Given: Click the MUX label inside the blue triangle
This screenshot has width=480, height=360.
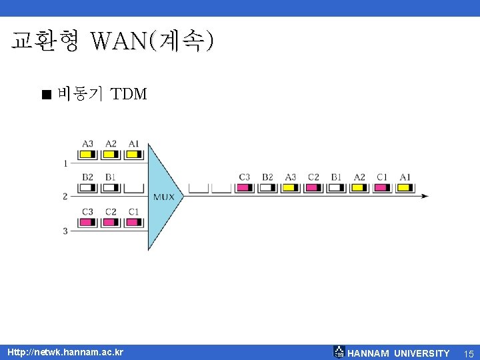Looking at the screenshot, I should pyautogui.click(x=164, y=197).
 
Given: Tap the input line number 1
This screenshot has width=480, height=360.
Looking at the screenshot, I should pyautogui.click(x=65, y=163).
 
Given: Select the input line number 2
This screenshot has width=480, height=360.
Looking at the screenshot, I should pyautogui.click(x=65, y=196).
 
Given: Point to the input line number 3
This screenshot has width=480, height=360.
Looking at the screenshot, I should pyautogui.click(x=65, y=231).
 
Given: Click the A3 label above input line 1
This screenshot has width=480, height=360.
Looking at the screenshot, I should pyautogui.click(x=88, y=143).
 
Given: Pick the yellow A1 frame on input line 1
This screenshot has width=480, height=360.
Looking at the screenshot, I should pyautogui.click(x=133, y=155).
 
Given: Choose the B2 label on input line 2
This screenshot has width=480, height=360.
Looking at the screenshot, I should pyautogui.click(x=88, y=177).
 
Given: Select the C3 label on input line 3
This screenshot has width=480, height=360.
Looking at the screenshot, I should pyautogui.click(x=88, y=212).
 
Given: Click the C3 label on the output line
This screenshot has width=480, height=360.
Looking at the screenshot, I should pyautogui.click(x=245, y=177).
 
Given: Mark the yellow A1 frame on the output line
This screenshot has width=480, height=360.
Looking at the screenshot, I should pyautogui.click(x=405, y=188).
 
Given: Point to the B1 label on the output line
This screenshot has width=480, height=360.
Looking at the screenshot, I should pyautogui.click(x=336, y=177).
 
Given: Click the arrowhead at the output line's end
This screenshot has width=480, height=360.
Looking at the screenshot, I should pyautogui.click(x=425, y=196).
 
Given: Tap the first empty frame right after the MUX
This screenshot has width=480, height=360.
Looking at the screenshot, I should pyautogui.click(x=198, y=188).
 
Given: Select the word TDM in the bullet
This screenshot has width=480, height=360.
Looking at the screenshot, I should pyautogui.click(x=129, y=94).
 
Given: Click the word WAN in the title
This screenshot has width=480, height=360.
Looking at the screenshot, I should pyautogui.click(x=120, y=41).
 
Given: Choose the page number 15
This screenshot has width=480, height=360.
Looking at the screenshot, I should pyautogui.click(x=468, y=353).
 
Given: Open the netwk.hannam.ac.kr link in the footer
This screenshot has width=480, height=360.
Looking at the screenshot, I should pyautogui.click(x=65, y=352).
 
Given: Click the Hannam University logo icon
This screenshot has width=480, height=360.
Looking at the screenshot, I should pyautogui.click(x=339, y=352).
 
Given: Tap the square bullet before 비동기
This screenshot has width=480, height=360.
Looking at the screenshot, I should pyautogui.click(x=45, y=95).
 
